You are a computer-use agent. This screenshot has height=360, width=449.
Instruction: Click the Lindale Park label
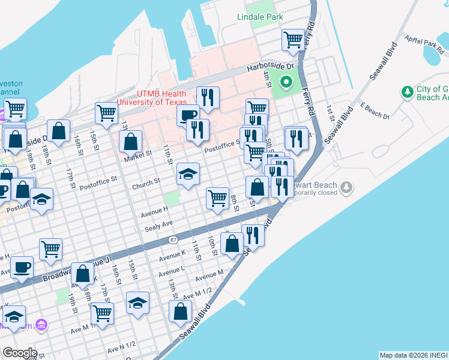260,17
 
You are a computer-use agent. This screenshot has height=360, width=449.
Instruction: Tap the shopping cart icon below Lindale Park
293,40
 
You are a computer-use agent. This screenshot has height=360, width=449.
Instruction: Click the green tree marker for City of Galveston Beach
407,92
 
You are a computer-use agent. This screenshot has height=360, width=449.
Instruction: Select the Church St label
146,181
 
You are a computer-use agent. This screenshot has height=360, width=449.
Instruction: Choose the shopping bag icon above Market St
130,142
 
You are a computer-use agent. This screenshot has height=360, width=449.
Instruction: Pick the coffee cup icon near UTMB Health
188,115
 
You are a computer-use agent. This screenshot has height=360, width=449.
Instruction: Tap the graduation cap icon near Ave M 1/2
138,302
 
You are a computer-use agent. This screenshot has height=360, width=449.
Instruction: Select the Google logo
20,352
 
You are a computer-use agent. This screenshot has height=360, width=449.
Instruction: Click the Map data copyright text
413,355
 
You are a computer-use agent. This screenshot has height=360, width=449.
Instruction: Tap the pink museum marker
41,325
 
